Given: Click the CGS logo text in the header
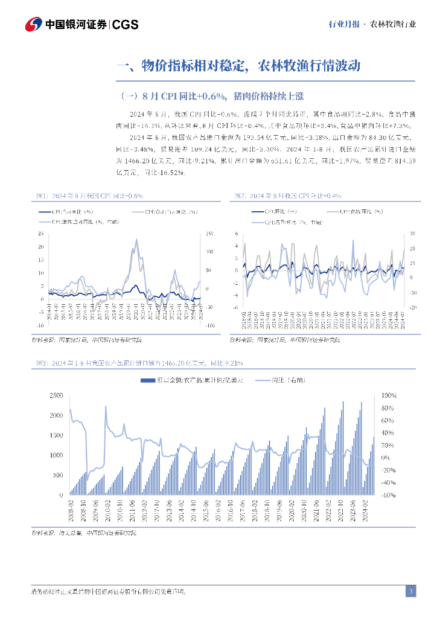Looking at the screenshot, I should coord(126,25).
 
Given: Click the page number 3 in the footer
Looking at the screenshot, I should coord(410,591).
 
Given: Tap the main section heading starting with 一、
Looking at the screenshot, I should coord(238,66).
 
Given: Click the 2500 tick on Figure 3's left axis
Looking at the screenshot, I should coord(55,396).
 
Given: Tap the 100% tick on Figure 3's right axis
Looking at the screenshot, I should coord(388,396).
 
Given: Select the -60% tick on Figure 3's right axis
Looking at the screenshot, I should coord(388,495).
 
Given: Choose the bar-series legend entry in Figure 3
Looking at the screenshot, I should coord(191,381).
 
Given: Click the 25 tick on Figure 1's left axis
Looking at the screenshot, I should coord(40,234).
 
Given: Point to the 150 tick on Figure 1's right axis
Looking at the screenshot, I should coord(211,234).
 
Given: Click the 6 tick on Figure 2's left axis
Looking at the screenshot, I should coord(237,234).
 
